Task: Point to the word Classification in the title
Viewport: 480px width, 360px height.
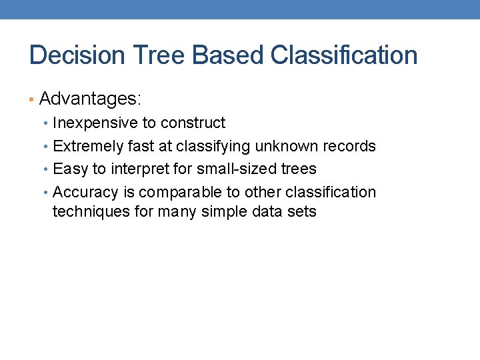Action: [x=344, y=55]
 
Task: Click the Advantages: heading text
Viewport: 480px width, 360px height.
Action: [x=91, y=99]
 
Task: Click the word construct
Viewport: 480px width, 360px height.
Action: [x=193, y=123]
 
